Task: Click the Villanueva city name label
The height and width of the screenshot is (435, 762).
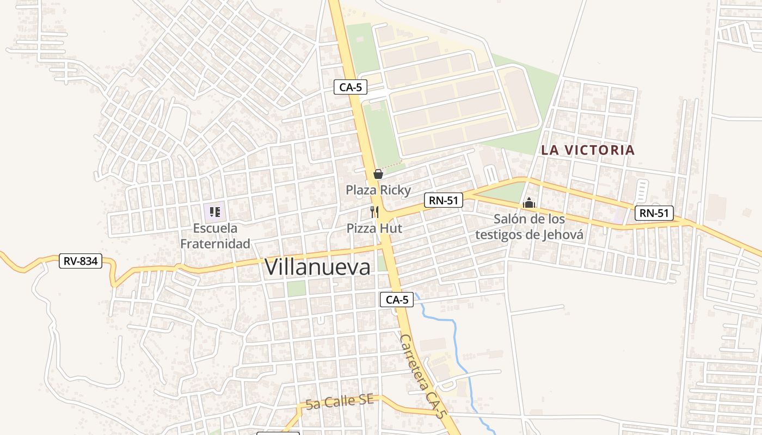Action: tap(317, 267)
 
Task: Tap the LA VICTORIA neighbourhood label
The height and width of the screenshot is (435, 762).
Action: tap(588, 150)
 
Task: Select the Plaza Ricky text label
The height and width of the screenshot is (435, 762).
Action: tap(378, 190)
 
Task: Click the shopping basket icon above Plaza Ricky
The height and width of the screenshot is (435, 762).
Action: tap(378, 174)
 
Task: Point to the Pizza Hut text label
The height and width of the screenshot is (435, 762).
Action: tap(374, 228)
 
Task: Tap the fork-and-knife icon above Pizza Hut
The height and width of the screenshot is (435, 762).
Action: tap(374, 212)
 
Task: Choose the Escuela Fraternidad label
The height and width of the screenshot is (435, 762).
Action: tap(215, 235)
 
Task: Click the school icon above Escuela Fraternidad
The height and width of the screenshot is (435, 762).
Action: tap(215, 212)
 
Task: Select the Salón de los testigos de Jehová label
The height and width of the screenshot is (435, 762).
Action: tap(529, 227)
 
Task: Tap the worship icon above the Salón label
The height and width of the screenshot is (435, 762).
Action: tap(529, 203)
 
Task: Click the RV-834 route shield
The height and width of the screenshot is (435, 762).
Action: tap(81, 261)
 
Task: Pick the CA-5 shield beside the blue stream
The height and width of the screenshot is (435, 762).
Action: tap(397, 300)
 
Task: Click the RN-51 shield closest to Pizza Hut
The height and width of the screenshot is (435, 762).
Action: tap(443, 200)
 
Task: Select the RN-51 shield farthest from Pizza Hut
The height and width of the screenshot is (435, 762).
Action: tap(654, 213)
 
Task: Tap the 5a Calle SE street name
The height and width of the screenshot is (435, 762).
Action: tap(340, 402)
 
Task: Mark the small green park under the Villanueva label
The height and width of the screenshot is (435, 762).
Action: tap(296, 288)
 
